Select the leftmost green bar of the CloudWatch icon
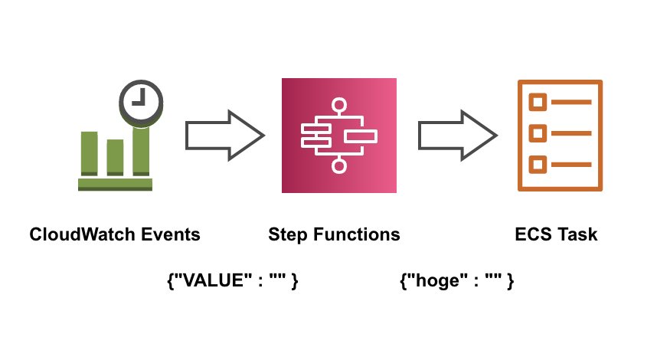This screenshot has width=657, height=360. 90,152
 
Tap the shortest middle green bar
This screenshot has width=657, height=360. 115,157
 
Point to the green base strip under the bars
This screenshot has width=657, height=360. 116,184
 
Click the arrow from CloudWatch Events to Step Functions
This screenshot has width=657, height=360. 224,136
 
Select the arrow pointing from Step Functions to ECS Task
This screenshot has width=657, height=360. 457,136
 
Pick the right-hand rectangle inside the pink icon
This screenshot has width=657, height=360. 360,136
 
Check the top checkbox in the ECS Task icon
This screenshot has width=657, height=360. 538,102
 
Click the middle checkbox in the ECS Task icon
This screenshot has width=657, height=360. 538,133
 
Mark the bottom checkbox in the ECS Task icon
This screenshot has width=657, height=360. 538,164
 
